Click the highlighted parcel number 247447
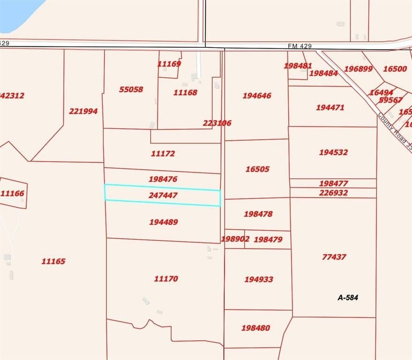(x=163, y=195)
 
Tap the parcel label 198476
(x=163, y=179)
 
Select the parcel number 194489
(x=163, y=222)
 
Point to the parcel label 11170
(x=166, y=278)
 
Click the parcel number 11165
(x=53, y=262)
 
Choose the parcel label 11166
(x=12, y=193)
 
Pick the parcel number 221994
(x=83, y=111)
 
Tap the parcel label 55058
(x=131, y=89)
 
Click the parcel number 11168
(x=185, y=92)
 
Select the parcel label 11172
(x=163, y=153)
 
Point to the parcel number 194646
(x=257, y=96)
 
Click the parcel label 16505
(x=257, y=169)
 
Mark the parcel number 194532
(x=333, y=152)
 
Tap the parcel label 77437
(x=334, y=257)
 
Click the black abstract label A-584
(x=348, y=297)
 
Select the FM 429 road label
(x=300, y=46)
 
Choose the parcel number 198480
(x=255, y=328)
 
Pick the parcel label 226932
(x=333, y=193)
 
